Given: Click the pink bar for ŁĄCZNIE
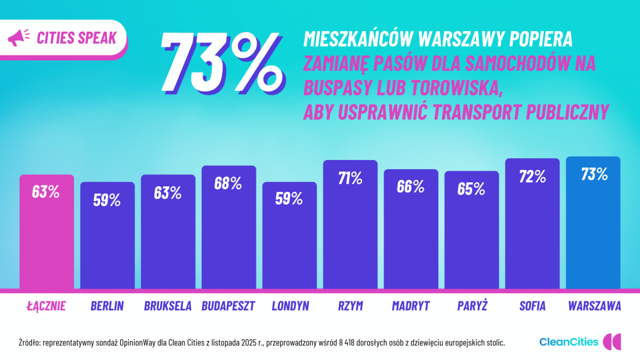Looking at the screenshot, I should tap(47, 242).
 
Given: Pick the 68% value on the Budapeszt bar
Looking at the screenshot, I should tap(228, 183).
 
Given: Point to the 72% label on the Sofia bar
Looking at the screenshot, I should tap(532, 177).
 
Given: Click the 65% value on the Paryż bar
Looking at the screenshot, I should tap(471, 189).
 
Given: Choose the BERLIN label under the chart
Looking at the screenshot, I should tap(107, 306).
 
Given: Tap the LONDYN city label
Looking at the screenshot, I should tap(290, 306).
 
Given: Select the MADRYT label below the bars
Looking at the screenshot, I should tap(410, 306).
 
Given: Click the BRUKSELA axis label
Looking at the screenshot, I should tap(167, 306).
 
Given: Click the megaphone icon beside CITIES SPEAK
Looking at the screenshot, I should tap(18, 37).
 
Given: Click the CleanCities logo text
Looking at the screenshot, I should tap(568, 342).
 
